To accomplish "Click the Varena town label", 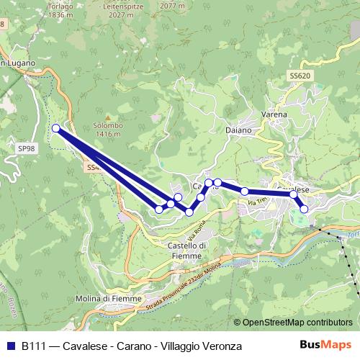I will [x=274, y=114].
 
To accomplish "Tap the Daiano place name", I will [x=238, y=131].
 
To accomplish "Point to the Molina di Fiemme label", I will [x=105, y=298].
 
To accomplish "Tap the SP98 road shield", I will [x=27, y=148].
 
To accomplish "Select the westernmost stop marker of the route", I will [x=56, y=128].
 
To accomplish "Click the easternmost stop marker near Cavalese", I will [x=304, y=209].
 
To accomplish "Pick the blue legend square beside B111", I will [x=10, y=346].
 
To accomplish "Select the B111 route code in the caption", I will [x=37, y=346].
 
